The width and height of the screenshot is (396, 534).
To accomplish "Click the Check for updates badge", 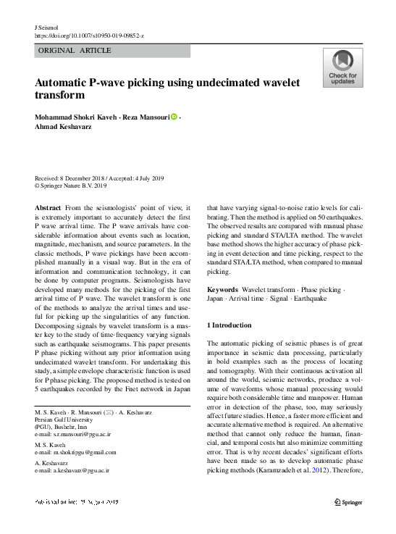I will (x=342, y=67).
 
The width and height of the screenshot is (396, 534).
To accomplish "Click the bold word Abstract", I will (x=48, y=207).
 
